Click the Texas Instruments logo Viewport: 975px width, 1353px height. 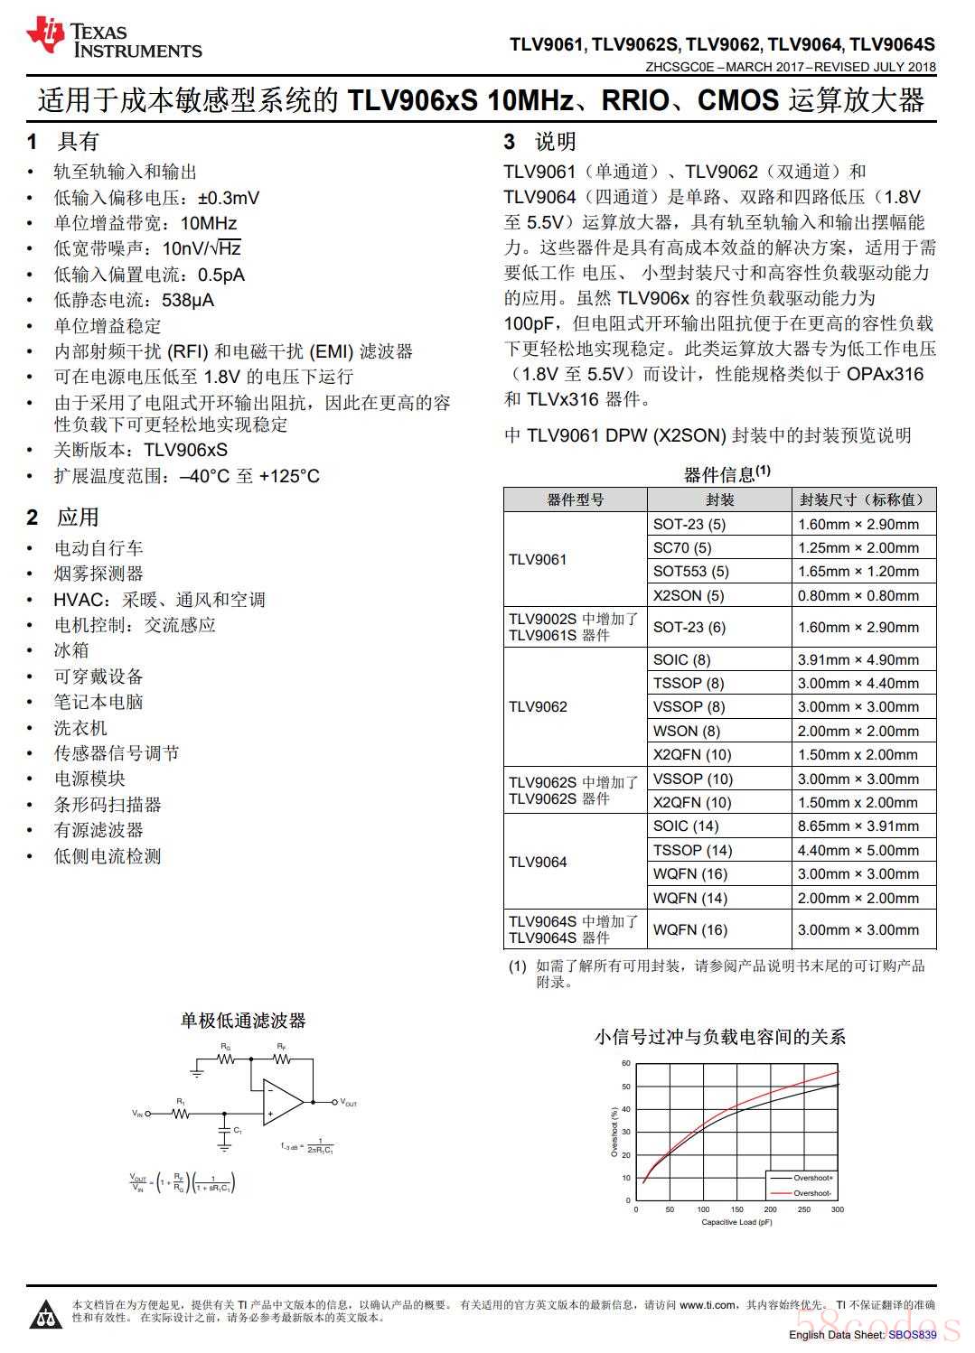pos(114,38)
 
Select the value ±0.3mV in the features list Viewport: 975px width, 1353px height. pos(229,198)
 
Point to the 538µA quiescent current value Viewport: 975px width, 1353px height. pos(188,300)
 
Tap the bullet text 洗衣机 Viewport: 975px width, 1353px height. pos(80,728)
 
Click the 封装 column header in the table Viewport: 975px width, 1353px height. pos(719,499)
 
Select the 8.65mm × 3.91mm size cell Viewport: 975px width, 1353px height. pos(858,826)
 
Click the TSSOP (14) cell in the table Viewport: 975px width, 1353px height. pos(692,850)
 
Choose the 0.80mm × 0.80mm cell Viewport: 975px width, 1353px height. pos(858,595)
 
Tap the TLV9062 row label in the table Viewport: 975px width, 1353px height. pos(538,706)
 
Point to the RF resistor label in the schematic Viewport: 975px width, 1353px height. pos(282,1047)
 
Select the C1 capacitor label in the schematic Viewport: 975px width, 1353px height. pos(238,1130)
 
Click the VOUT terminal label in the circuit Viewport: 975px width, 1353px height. pos(349,1103)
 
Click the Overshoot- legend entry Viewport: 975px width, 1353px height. pos(812,1193)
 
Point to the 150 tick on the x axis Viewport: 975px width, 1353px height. pos(736,1209)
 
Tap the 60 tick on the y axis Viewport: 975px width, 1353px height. pos(626,1063)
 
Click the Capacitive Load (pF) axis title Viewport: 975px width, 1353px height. pos(736,1223)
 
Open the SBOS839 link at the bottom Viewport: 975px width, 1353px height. pos(912,1334)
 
